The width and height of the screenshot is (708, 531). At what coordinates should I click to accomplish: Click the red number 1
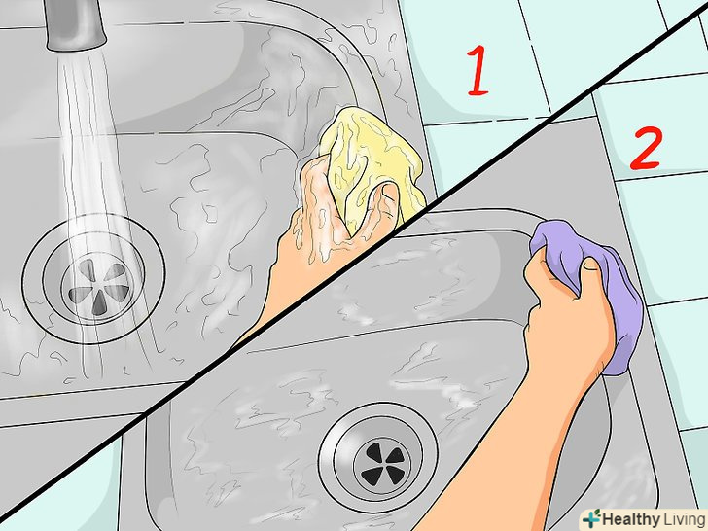tap(478, 71)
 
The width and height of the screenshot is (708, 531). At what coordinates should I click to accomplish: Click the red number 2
tap(646, 148)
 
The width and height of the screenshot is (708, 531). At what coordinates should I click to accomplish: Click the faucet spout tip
tap(77, 43)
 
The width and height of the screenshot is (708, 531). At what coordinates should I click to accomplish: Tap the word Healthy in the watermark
tap(631, 518)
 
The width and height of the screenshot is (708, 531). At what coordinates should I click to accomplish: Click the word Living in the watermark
tap(684, 518)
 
